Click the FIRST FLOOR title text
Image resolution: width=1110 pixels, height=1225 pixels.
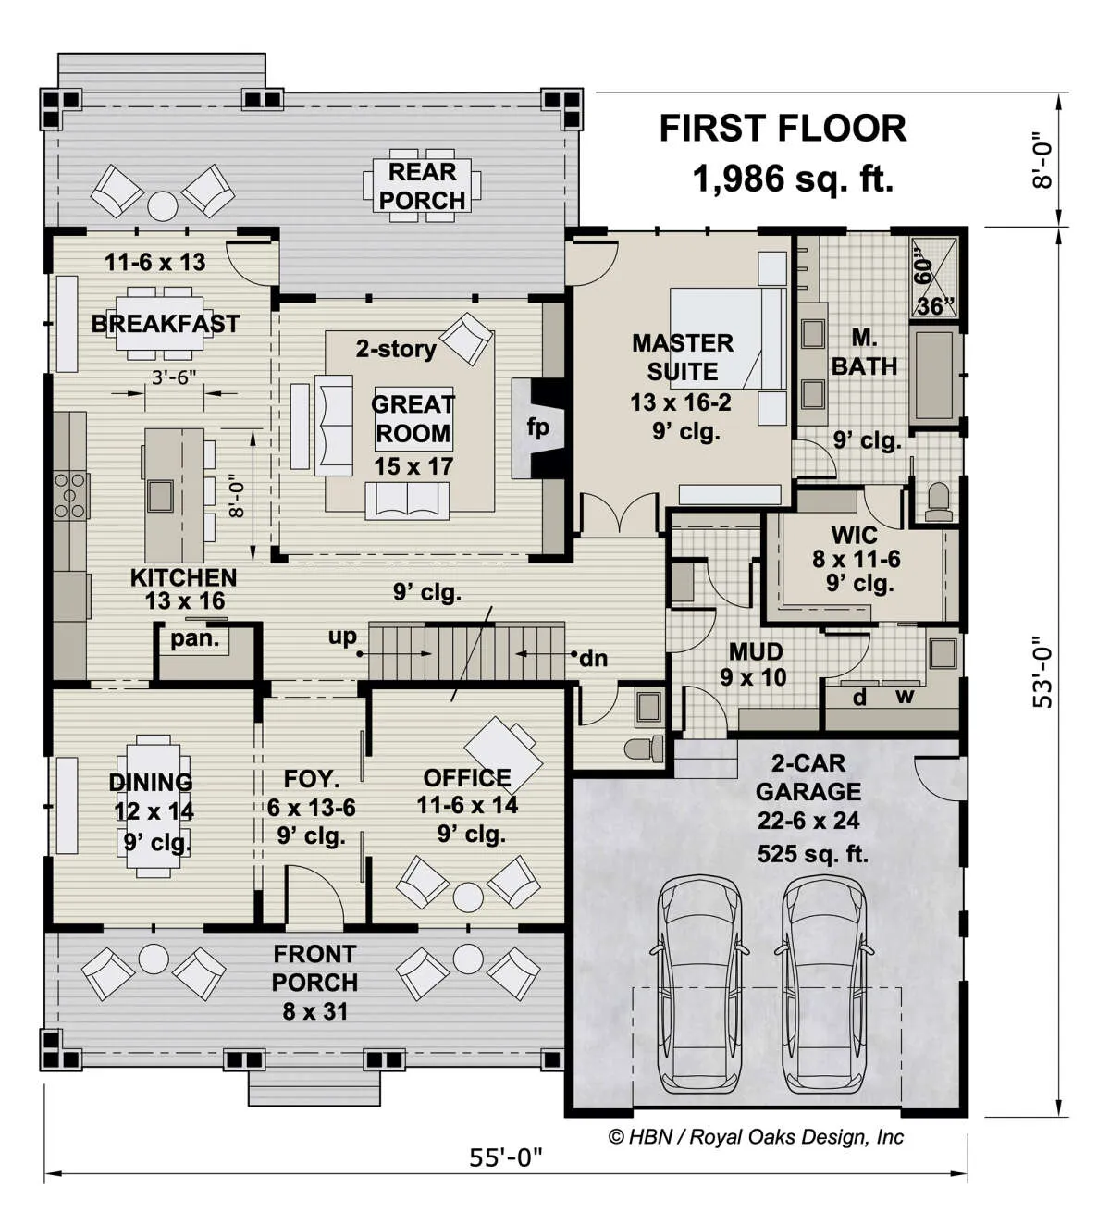click(783, 129)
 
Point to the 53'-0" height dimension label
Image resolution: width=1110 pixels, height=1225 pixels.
click(1042, 672)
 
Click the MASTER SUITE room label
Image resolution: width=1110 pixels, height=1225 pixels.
click(683, 357)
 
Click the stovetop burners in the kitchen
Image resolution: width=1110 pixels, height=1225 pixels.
click(70, 495)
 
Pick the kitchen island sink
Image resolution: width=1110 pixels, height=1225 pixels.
click(160, 495)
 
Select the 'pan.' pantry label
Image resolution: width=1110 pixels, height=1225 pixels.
click(195, 638)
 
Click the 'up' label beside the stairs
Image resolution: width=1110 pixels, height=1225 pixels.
click(342, 637)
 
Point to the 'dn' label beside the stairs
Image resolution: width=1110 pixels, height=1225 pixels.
click(594, 658)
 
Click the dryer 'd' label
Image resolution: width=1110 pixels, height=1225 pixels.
click(859, 697)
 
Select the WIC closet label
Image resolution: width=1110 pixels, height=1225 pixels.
click(854, 535)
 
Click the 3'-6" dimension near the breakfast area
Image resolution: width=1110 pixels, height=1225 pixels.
click(174, 377)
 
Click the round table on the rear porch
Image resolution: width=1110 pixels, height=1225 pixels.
click(163, 206)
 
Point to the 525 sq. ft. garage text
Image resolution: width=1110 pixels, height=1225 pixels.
click(813, 854)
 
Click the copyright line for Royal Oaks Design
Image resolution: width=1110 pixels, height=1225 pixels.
click(756, 1137)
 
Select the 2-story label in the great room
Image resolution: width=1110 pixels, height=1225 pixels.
click(396, 349)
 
